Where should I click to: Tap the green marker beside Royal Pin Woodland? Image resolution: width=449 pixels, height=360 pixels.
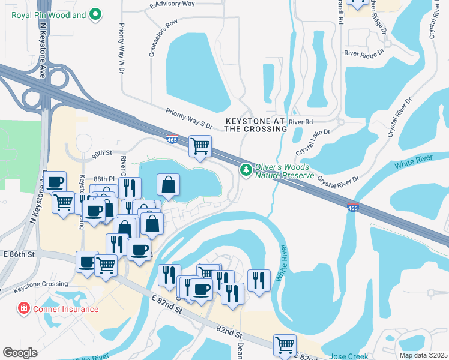point(95,13)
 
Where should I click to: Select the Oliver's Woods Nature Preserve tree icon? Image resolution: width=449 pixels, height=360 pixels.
point(246,170)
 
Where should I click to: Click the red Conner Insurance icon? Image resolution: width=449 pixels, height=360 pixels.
point(24,309)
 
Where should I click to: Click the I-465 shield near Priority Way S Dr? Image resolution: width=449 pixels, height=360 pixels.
point(172,139)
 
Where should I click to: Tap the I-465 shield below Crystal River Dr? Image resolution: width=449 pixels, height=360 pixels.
point(354,207)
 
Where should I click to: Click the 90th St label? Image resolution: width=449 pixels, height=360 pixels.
point(103,154)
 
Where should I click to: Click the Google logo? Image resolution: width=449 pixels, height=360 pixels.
point(20,352)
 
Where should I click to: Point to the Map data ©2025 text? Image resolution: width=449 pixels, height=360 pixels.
point(423,355)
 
